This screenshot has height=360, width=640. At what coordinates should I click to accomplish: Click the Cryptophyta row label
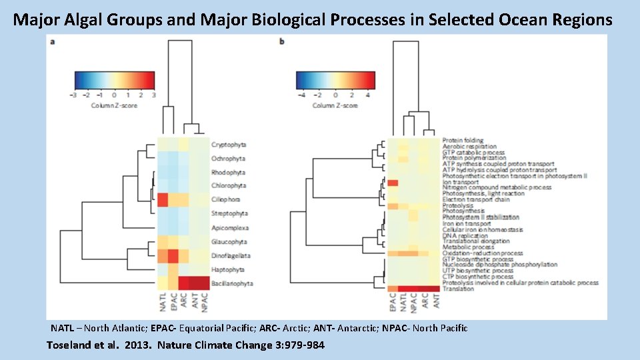click(229, 145)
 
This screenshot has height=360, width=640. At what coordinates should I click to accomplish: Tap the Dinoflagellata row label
click(231, 256)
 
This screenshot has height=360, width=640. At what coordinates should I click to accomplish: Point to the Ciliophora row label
click(227, 199)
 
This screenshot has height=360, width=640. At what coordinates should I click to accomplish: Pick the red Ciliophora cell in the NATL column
click(162, 199)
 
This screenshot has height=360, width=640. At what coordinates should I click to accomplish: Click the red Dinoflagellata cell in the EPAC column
click(173, 256)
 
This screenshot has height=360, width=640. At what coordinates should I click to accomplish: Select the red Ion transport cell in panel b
click(393, 183)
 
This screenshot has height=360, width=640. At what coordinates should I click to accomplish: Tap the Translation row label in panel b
click(457, 289)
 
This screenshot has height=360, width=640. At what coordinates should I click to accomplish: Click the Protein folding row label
click(463, 141)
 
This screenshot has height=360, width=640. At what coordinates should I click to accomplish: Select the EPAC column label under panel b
click(393, 303)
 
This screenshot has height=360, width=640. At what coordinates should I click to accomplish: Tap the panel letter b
click(282, 42)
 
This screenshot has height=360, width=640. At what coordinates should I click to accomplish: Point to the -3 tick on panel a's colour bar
click(73, 95)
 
